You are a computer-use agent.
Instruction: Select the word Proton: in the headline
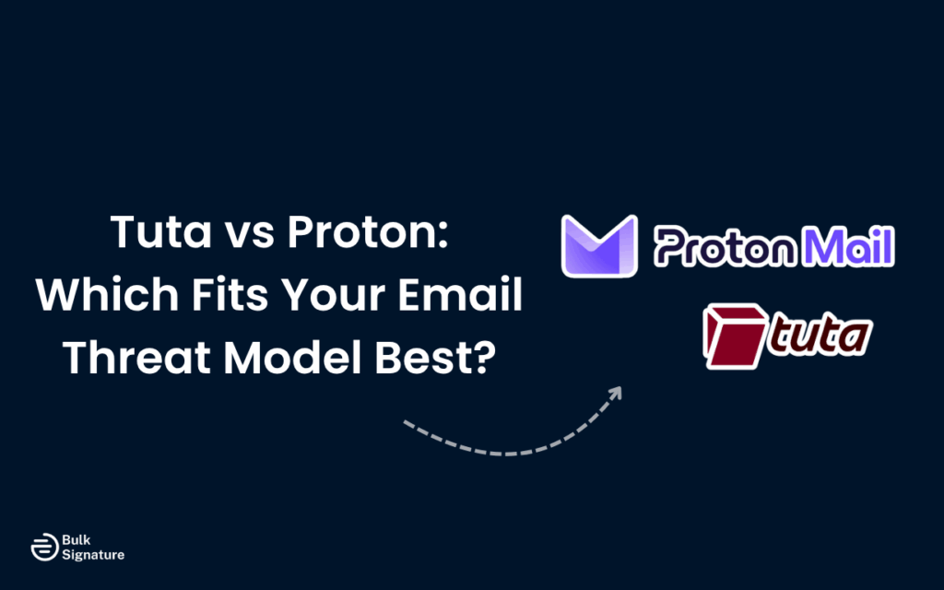click(x=380, y=232)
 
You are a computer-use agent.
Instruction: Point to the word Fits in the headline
click(x=220, y=295)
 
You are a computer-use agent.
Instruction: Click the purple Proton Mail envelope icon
click(x=599, y=245)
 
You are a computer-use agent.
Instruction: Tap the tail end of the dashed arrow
click(x=407, y=423)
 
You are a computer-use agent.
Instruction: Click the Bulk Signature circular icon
click(x=41, y=547)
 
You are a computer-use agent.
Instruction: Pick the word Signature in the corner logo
click(x=93, y=554)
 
